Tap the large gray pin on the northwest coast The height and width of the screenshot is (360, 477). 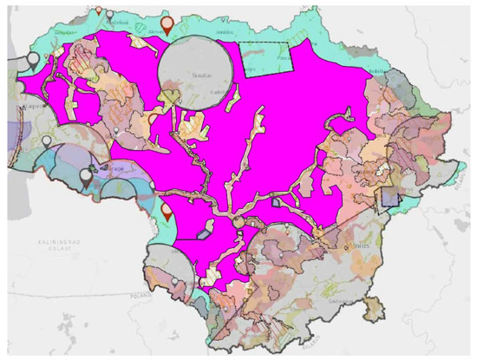[33, 60]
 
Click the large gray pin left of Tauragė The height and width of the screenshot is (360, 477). [86, 176]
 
